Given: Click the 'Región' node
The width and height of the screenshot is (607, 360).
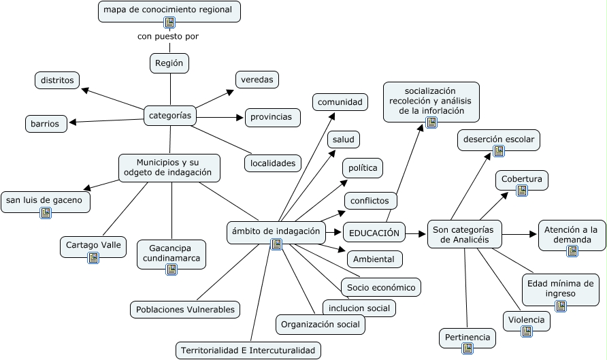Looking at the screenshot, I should coord(169,63).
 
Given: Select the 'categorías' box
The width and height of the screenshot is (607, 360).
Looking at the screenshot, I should coord(169,116).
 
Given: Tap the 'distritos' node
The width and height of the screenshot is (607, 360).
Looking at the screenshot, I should coord(57,80).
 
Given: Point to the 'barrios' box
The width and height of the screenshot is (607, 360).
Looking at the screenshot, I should coord(46,124).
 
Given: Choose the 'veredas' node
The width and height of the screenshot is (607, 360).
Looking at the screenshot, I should coord(257,80).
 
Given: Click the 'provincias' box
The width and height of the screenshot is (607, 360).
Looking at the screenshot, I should coord(272,117).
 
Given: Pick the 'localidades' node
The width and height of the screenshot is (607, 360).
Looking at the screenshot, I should coord(272,163).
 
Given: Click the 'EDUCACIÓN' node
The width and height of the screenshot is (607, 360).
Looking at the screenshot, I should coord(374,233).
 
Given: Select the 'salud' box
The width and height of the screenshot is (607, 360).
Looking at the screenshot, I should coord(344,140).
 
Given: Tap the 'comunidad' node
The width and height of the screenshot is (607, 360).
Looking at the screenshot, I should coord(340,102).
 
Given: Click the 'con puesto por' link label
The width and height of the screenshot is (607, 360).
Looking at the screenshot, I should coord(168,37).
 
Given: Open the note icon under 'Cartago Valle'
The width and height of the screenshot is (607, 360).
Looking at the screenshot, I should coord(93,258).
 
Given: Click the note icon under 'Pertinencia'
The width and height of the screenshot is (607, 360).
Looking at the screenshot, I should coord(467,348).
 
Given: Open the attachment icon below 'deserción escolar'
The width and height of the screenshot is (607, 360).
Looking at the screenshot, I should coord(499,151).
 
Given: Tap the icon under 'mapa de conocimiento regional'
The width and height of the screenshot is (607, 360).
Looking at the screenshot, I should coord(169,22).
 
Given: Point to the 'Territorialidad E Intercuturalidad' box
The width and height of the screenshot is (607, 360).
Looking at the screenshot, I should coord(248,350).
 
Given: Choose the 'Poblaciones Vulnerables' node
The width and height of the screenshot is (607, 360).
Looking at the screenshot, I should coord(185,310).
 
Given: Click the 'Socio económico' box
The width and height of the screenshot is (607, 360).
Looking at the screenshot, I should coord(380,287).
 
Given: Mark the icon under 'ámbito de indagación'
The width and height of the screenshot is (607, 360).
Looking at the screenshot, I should coord(276,244).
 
